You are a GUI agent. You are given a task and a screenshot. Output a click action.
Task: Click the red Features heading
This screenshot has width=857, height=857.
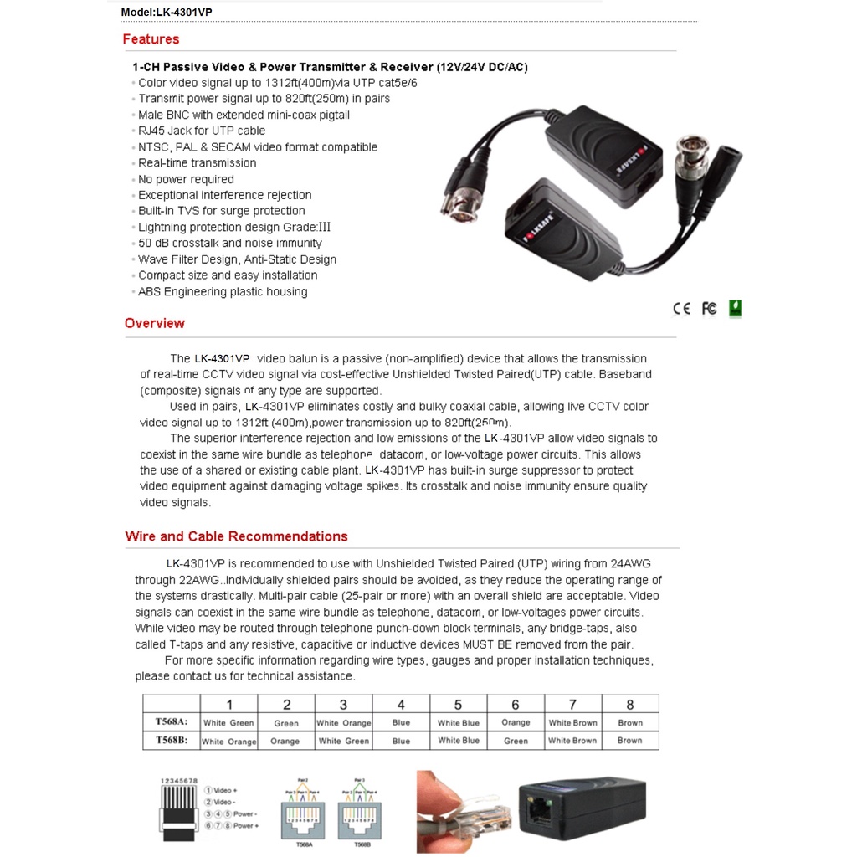(x=151, y=39)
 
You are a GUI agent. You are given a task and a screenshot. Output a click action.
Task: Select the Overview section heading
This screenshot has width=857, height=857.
(x=155, y=323)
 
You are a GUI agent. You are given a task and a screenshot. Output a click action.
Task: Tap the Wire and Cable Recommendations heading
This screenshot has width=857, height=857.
(x=236, y=536)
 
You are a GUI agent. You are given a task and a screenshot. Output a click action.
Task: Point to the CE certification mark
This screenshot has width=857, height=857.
(x=682, y=309)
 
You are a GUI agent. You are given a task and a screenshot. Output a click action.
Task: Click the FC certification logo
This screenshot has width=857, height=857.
(x=709, y=309)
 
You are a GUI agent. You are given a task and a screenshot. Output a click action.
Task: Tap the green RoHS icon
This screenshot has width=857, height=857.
(x=735, y=308)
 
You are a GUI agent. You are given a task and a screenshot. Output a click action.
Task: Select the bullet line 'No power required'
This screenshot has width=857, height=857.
(x=186, y=179)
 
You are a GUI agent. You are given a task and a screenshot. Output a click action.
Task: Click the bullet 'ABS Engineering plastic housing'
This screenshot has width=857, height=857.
(x=223, y=292)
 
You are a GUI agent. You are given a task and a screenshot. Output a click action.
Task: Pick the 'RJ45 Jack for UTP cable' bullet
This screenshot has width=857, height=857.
(x=202, y=131)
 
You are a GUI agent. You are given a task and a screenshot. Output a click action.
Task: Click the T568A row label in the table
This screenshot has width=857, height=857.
(x=171, y=721)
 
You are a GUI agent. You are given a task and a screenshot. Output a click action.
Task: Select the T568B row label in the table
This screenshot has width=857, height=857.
(x=171, y=740)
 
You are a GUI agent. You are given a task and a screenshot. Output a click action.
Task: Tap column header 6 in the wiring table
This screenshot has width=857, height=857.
(x=516, y=705)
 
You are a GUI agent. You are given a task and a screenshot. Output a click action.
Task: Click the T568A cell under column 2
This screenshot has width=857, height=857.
(x=286, y=723)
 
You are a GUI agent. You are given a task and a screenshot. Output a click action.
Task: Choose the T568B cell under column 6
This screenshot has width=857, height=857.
(x=516, y=741)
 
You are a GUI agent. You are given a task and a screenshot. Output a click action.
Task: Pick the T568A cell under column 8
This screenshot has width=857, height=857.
(x=630, y=723)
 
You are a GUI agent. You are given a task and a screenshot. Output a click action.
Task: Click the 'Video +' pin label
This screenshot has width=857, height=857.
(x=225, y=790)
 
